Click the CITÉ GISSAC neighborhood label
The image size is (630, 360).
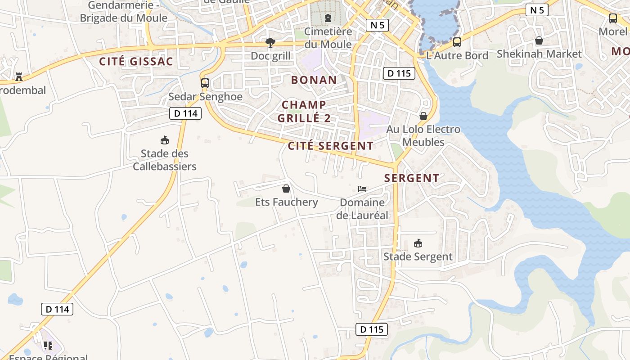(x=136, y=62)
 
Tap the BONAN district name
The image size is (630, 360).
(x=314, y=80)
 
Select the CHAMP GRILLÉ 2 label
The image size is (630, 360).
(x=304, y=112)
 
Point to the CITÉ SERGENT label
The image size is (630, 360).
(x=330, y=146)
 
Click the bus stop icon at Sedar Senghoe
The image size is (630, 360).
(x=205, y=83)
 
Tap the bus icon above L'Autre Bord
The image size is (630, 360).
(x=457, y=42)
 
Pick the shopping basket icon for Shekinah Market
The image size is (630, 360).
(x=539, y=41)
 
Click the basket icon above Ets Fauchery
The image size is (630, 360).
(x=286, y=189)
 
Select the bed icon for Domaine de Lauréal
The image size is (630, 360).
(x=362, y=189)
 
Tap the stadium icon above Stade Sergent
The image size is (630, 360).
(x=418, y=243)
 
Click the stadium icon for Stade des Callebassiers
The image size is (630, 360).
(x=165, y=140)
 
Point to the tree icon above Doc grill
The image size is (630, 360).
(x=270, y=43)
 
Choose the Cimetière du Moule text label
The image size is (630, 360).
(x=328, y=38)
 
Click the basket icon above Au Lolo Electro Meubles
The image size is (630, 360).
(x=423, y=116)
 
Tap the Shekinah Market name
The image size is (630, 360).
(x=539, y=54)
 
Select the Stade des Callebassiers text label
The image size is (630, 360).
(x=165, y=160)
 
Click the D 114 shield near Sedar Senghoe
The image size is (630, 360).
(x=185, y=113)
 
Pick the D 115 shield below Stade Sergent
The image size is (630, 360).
(x=372, y=329)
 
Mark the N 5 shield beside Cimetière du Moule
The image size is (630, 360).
(x=377, y=25)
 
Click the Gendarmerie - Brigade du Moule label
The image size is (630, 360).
(x=123, y=12)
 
